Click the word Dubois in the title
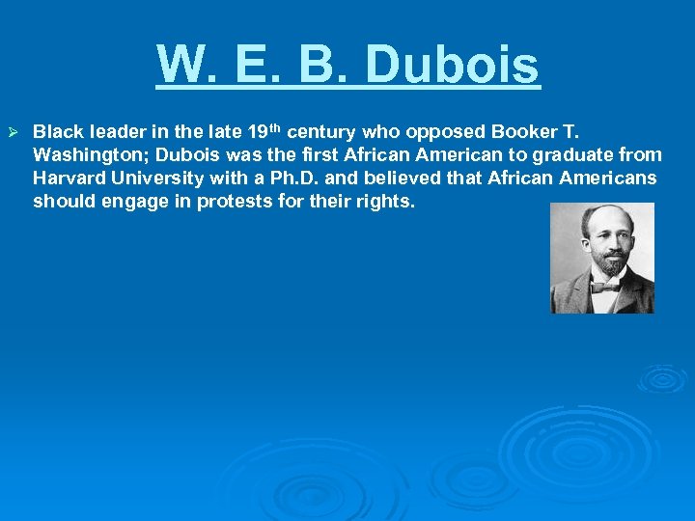pos(453,66)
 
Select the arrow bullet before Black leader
pos(14,131)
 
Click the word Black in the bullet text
pos(55,131)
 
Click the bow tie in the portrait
pos(604,286)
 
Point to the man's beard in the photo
pos(605,264)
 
